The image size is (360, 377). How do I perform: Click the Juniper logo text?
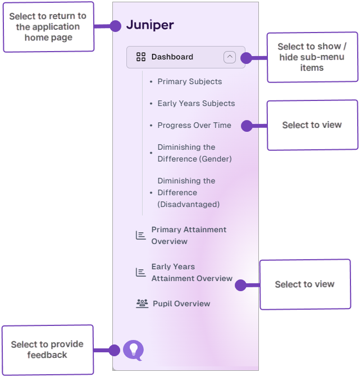coord(149,25)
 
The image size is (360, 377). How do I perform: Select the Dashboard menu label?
coord(172,57)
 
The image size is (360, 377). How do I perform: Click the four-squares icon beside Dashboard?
coord(141,57)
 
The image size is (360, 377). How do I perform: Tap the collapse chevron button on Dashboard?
coord(230,57)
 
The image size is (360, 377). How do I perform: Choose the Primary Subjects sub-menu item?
coord(189,81)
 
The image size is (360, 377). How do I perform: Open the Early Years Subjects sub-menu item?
coord(196,103)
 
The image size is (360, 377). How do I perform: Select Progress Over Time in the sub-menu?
coord(194,125)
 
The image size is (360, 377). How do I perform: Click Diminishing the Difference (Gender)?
coord(194,153)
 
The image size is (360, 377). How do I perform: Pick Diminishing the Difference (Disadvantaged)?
coord(188,192)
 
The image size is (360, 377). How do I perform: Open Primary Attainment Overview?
coord(189,235)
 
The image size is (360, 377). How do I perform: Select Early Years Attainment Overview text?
coord(192,272)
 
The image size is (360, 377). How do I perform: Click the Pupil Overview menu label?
coord(181,304)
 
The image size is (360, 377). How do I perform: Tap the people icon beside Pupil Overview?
coord(142,304)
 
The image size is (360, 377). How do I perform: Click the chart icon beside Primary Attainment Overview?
coord(141,235)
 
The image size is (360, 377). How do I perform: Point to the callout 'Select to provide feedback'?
coord(47,350)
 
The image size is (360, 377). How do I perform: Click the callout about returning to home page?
coord(48,26)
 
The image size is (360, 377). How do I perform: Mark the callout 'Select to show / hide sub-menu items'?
coord(312,57)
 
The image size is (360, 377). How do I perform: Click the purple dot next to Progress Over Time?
coord(247,126)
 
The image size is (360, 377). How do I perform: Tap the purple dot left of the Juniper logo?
coord(116,26)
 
